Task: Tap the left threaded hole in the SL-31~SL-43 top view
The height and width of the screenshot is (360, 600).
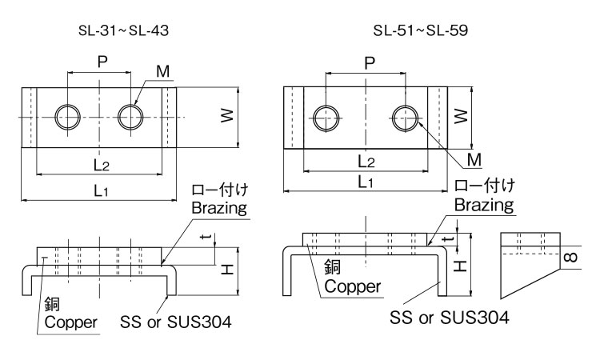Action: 67,117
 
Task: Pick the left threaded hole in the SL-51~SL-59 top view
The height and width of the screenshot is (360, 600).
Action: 326,118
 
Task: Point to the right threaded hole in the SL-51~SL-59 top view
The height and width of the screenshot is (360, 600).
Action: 406,118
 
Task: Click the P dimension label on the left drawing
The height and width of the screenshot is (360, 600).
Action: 100,62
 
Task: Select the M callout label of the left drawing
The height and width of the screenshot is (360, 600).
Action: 162,72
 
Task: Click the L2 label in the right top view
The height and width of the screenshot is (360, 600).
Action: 366,161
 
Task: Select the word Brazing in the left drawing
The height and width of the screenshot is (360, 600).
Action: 218,207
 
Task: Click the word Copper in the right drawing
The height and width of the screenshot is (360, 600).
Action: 352,286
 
